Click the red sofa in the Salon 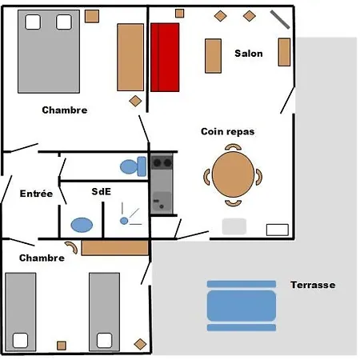click(x=165, y=58)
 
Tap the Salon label click(x=249, y=54)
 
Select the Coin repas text click(x=228, y=131)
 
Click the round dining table click(x=233, y=174)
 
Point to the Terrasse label click(x=313, y=285)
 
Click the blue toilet click(x=133, y=166)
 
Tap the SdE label click(x=101, y=191)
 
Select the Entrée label click(x=36, y=193)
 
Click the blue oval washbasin click(x=82, y=225)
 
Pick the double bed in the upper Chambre click(x=49, y=51)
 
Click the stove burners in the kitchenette click(x=162, y=162)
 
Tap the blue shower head click(x=124, y=221)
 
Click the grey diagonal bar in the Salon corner click(x=280, y=19)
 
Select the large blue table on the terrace click(x=242, y=306)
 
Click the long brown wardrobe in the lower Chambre click(x=114, y=248)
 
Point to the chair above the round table click(x=233, y=147)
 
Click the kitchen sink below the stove click(x=162, y=202)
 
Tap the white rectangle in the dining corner click(x=278, y=230)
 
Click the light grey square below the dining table click(x=234, y=226)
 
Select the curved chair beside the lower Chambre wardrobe click(x=71, y=247)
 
